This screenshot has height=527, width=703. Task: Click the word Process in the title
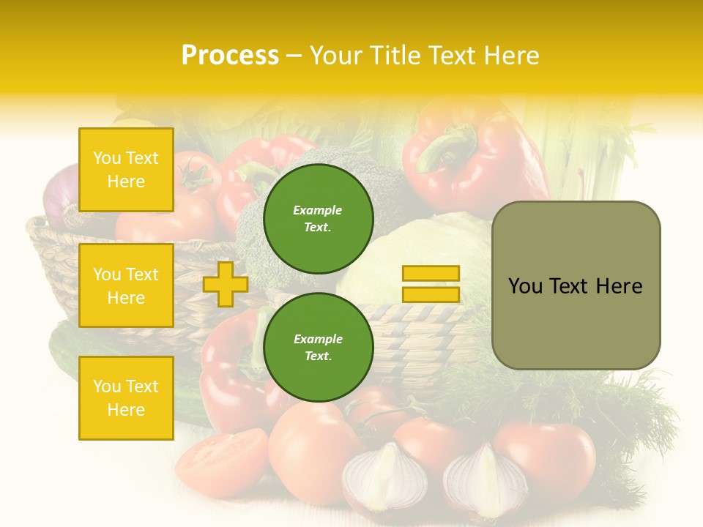[230, 55]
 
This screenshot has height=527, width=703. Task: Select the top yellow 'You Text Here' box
[126, 170]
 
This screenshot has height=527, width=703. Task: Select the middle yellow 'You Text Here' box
[126, 285]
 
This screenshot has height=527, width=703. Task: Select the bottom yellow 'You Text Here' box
[126, 398]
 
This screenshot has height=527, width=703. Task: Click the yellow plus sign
[226, 284]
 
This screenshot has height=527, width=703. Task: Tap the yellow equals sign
[431, 284]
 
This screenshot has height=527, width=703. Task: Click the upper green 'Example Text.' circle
[318, 219]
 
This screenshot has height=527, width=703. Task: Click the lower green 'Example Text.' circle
[318, 348]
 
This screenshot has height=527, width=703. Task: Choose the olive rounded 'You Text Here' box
[576, 285]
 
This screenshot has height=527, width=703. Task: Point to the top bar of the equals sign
[431, 274]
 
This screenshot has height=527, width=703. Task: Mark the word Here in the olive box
[619, 286]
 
